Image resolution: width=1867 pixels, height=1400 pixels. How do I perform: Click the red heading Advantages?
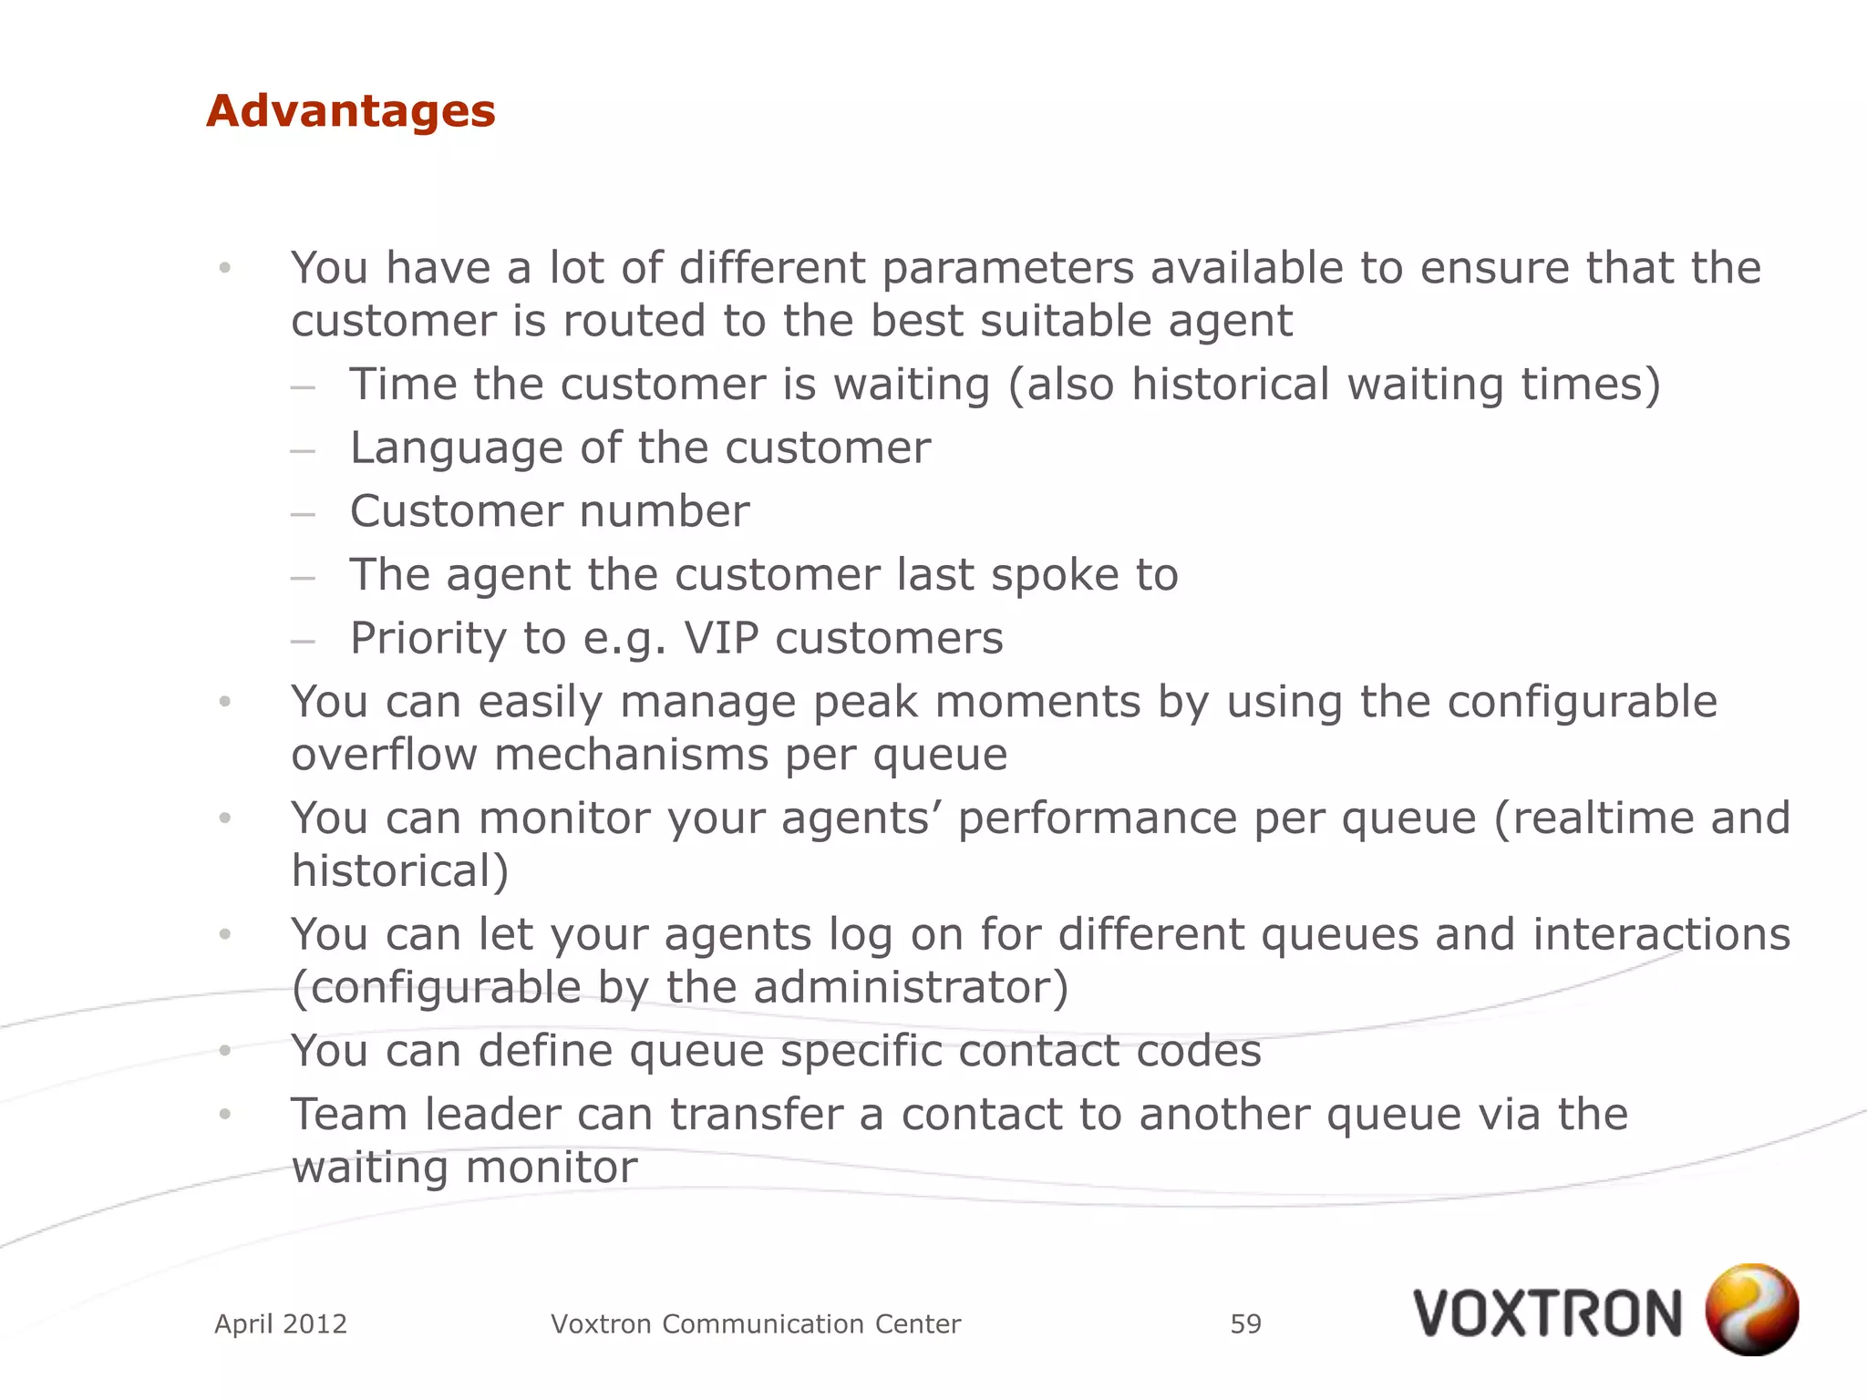pos(350,111)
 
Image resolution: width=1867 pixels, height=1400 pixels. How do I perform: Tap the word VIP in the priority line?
pos(721,638)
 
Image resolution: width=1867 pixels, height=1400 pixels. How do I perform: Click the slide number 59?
pos(1245,1323)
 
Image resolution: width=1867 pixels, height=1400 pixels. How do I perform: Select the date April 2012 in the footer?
pos(281,1323)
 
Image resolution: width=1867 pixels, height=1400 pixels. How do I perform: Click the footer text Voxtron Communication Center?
pos(756,1323)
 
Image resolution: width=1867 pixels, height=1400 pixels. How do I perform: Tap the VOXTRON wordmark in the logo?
pos(1547,1314)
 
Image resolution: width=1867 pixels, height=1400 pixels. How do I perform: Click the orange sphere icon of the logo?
pos(1751,1310)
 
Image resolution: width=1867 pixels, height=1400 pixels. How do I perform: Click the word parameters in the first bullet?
pos(1007,268)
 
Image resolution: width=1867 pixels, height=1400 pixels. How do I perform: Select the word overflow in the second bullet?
pos(384,755)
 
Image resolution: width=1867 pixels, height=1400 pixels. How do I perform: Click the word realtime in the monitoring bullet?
pos(1603,818)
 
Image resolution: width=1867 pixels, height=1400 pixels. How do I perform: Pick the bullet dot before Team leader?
pos(225,1114)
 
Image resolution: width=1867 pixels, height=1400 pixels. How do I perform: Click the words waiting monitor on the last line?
pos(464,1168)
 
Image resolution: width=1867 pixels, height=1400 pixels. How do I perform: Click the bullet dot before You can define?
pos(225,1051)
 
